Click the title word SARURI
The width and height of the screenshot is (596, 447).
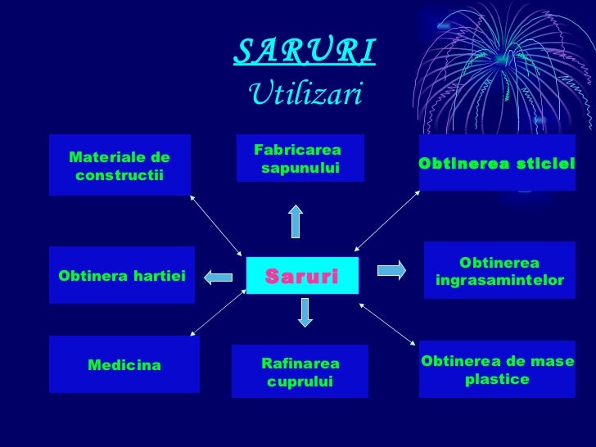[x=304, y=52]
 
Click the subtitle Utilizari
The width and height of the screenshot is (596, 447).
[x=304, y=94]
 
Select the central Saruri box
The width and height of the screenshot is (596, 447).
[x=301, y=276]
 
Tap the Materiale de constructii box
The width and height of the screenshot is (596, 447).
[x=120, y=165]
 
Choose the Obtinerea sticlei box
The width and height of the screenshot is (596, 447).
[x=497, y=163]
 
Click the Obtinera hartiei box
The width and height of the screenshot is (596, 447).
[x=122, y=276]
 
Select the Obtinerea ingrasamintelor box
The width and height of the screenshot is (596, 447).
[x=499, y=271]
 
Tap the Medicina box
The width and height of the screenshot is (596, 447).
[x=124, y=364]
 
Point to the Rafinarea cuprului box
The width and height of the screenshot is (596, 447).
[x=300, y=372]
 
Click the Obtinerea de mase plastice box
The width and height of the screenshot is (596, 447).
[x=497, y=370]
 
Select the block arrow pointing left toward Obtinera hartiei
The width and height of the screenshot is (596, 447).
[x=219, y=277]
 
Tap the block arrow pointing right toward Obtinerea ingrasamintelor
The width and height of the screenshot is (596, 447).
[x=391, y=269]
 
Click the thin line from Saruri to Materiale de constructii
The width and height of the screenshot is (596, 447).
[x=217, y=225]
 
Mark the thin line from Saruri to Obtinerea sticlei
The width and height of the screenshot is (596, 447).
[x=387, y=221]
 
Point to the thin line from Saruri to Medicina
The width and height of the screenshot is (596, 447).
[x=219, y=313]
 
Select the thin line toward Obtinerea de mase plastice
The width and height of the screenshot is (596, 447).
[x=387, y=323]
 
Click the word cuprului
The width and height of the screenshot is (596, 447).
[x=300, y=382]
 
